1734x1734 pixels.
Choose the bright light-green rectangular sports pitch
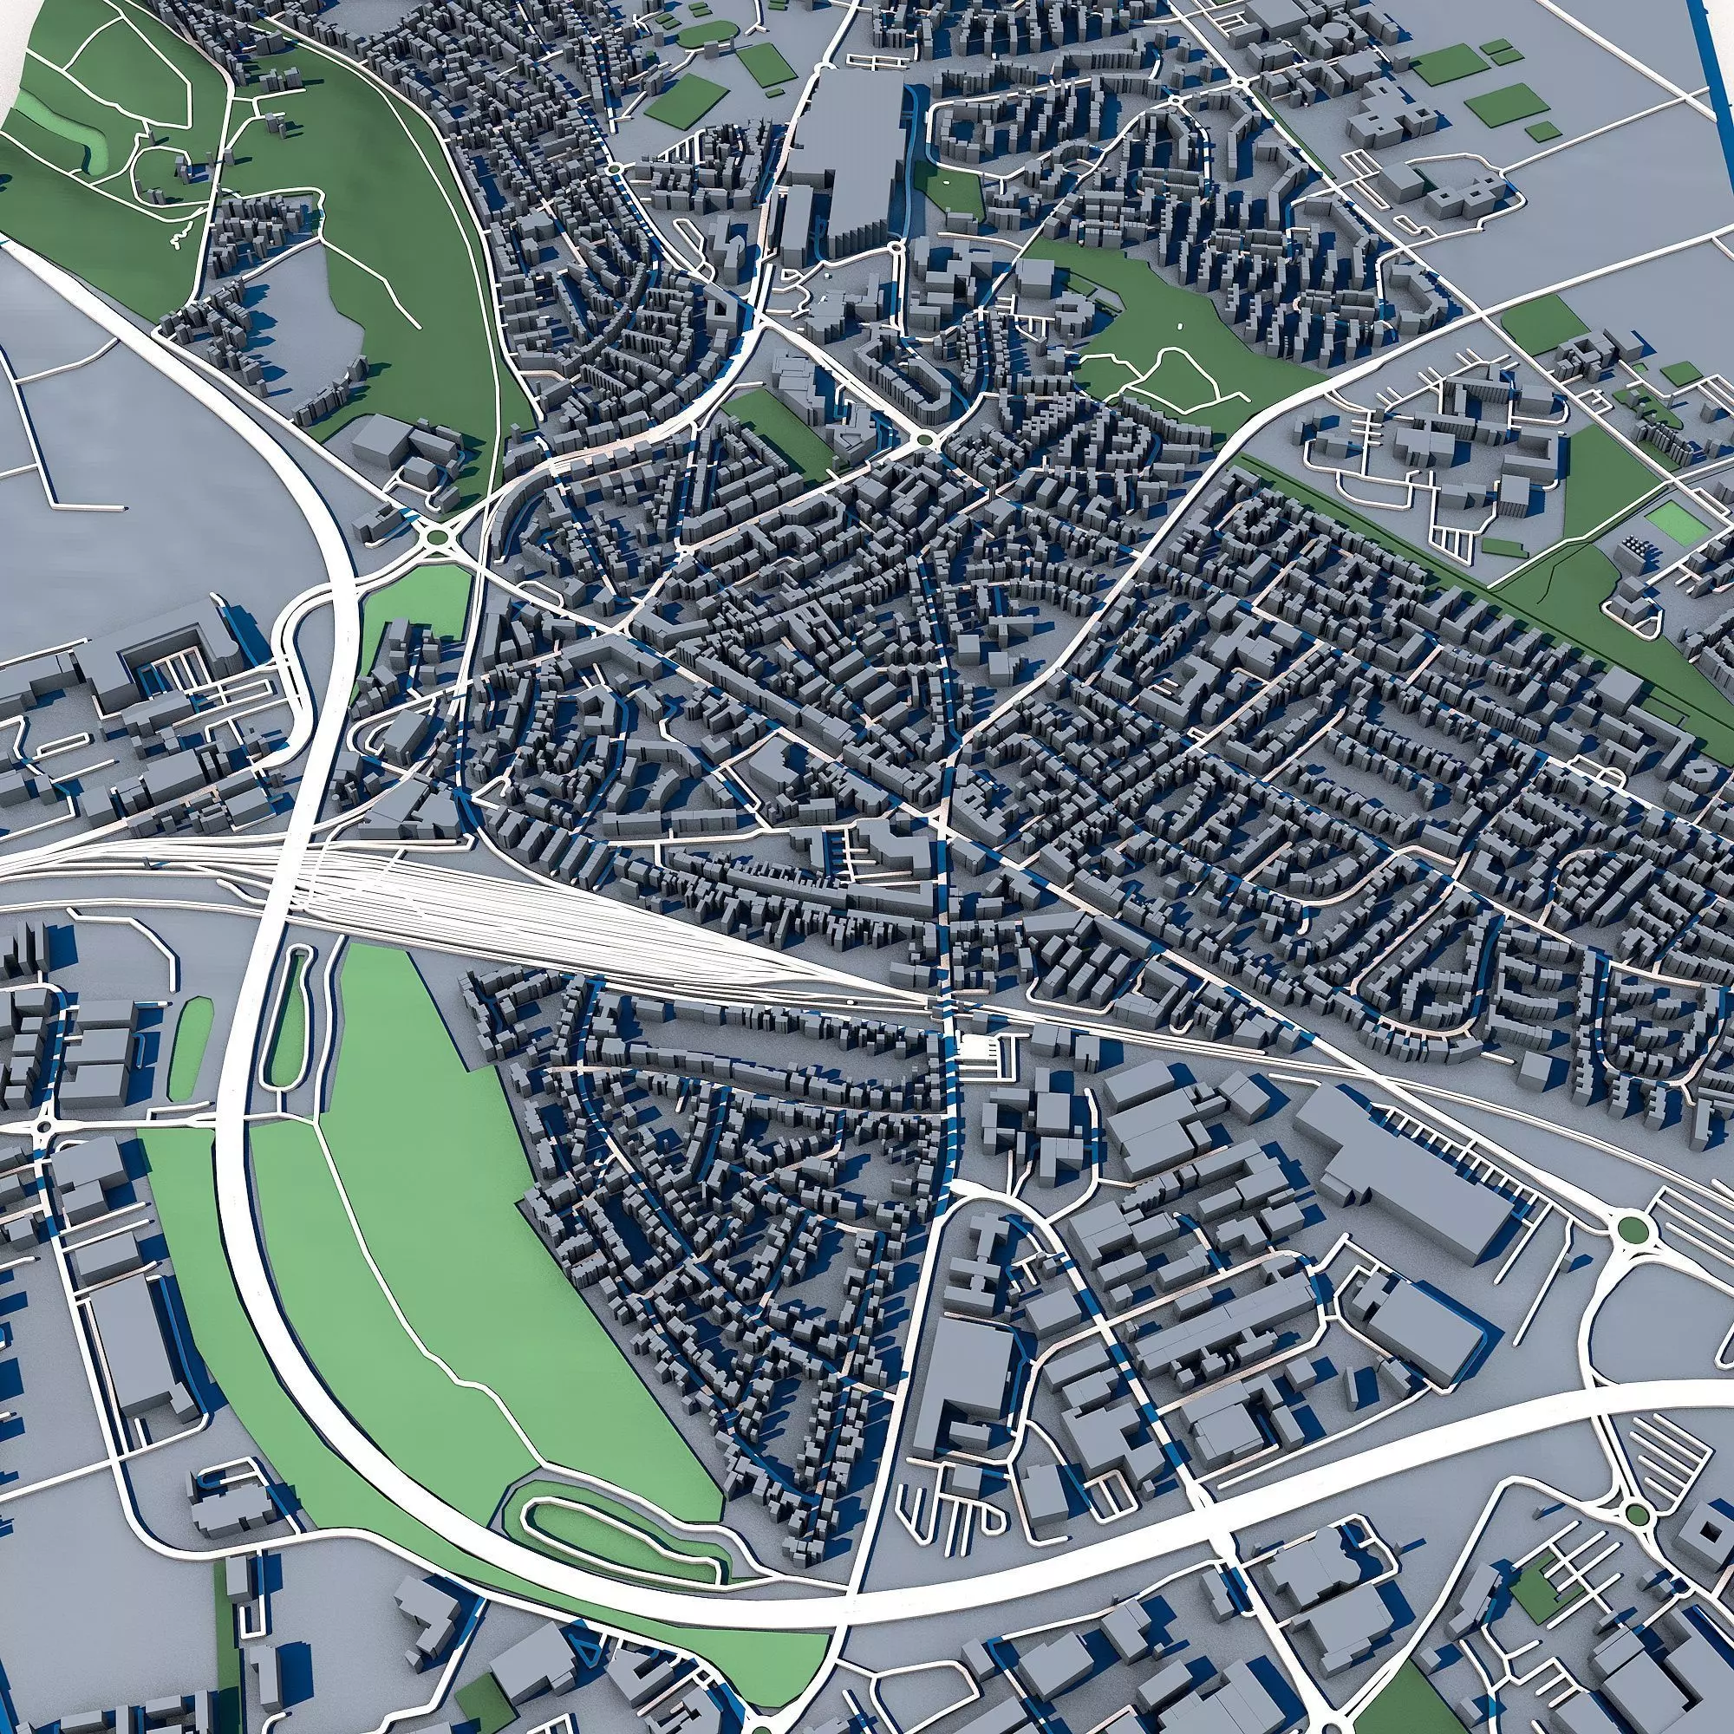tap(1677, 520)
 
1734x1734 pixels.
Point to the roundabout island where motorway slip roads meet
tap(438, 537)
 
